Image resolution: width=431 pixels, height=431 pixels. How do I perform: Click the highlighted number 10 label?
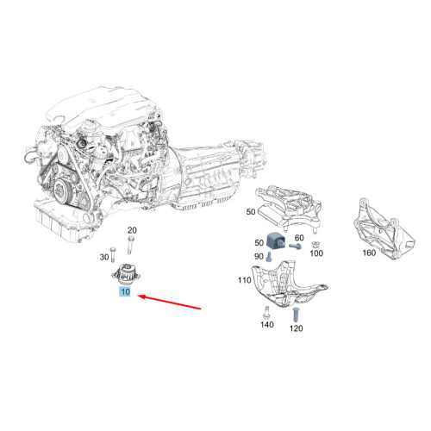(124, 293)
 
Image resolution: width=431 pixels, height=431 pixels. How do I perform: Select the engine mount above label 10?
(125, 273)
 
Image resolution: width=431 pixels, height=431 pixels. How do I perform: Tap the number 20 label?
(132, 230)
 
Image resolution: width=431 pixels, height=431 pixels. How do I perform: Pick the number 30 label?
(105, 257)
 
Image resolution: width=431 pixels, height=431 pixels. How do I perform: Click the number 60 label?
(300, 237)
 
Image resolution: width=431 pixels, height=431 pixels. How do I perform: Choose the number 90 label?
(259, 257)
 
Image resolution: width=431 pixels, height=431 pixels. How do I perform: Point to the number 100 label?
(315, 254)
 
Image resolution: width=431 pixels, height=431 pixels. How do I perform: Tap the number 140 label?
(266, 325)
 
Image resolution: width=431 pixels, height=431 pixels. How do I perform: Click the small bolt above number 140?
(267, 312)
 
